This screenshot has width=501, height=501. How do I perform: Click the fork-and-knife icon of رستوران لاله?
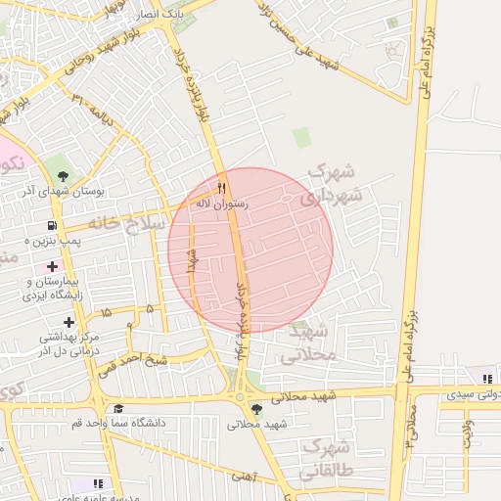coord(222,188)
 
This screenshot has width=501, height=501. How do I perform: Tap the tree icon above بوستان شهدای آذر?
coord(64,176)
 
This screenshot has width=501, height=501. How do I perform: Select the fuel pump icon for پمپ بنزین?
coord(49,224)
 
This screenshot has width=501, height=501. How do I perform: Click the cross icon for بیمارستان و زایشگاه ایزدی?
coord(51,266)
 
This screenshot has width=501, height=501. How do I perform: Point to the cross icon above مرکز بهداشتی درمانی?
coord(68,322)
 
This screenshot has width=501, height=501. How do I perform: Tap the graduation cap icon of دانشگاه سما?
coord(118,409)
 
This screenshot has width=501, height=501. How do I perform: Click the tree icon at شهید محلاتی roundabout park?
coord(256,409)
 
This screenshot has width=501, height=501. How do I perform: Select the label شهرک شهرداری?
coord(332,184)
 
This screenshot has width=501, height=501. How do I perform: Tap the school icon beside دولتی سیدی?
coord(486,379)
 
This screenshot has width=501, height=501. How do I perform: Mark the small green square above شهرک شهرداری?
coord(302,138)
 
